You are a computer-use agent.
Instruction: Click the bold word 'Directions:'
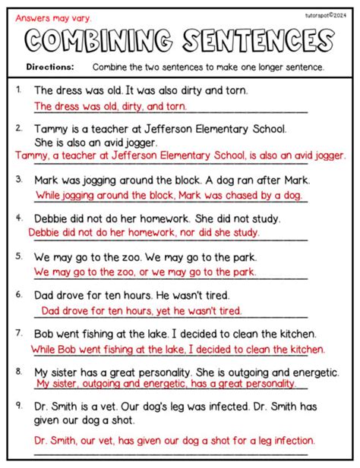(49, 67)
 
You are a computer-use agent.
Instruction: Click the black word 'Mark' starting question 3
(47, 180)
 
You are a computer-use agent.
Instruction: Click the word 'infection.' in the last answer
(289, 440)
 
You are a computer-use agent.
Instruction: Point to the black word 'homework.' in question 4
(145, 218)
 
